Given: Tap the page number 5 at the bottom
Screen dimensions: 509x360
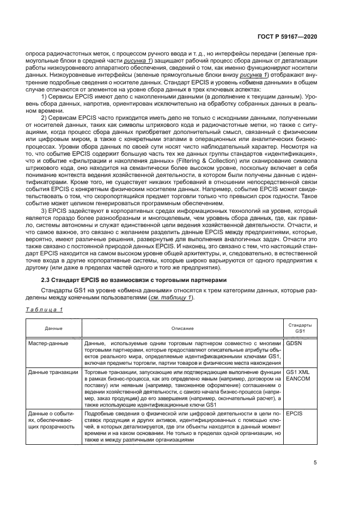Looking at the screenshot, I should point(315,463).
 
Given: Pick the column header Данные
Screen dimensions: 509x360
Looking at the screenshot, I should point(54,328).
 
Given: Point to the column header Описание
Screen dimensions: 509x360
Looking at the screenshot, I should point(182,328).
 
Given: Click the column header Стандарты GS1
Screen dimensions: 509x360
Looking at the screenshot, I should point(300,328).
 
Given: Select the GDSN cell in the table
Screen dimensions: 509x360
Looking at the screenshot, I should point(294,344).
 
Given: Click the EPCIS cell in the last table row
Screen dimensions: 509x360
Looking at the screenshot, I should point(294,414).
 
